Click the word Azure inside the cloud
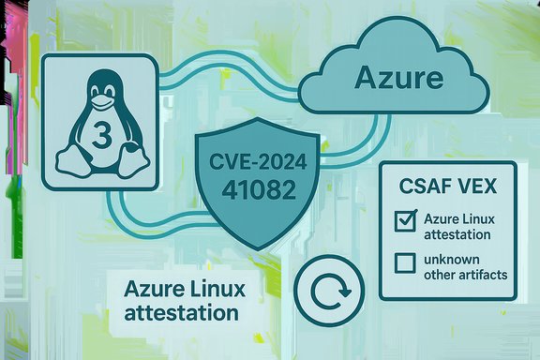pyautogui.click(x=398, y=78)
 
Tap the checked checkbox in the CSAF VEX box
pyautogui.click(x=406, y=222)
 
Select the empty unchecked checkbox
pyautogui.click(x=406, y=262)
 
